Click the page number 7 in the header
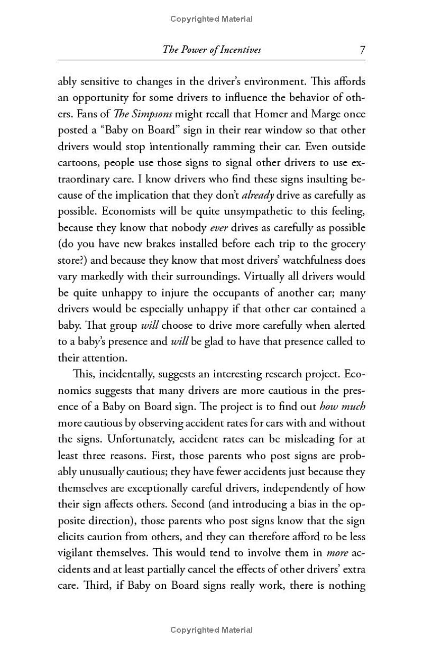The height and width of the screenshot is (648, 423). point(362,50)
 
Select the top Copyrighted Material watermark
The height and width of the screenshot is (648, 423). point(212,20)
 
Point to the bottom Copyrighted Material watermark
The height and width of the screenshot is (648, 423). point(212,630)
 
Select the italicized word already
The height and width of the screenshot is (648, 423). point(258,195)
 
